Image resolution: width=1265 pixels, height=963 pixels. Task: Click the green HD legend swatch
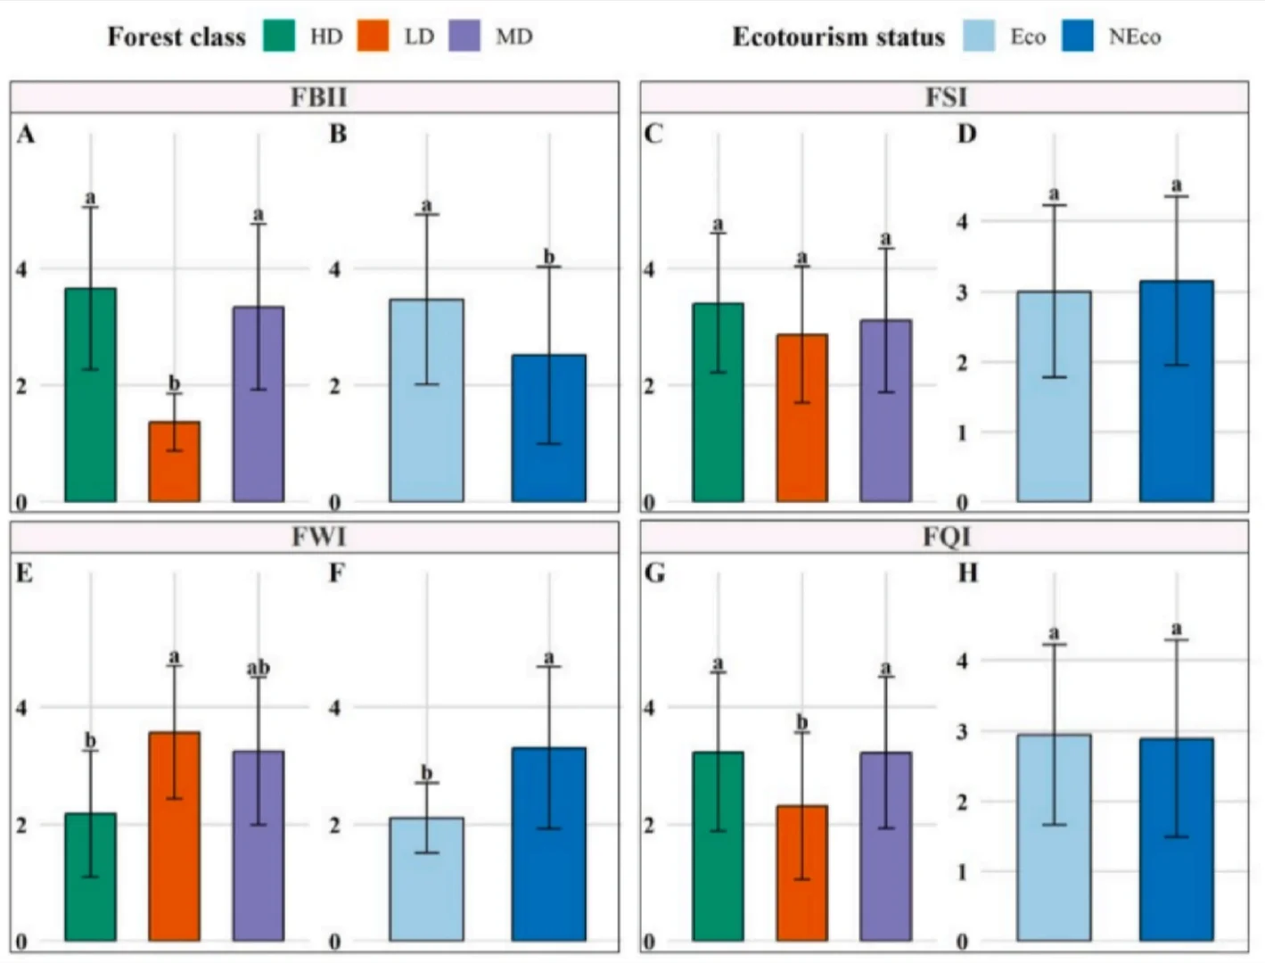tap(279, 36)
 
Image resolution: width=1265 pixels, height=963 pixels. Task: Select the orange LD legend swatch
tap(373, 36)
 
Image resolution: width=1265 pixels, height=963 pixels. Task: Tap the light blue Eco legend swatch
tap(979, 36)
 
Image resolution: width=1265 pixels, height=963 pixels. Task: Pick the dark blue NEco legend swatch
tap(1077, 36)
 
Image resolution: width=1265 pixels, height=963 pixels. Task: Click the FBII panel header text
tap(318, 96)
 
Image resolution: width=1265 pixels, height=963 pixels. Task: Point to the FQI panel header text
tap(946, 537)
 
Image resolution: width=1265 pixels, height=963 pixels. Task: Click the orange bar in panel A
tap(175, 461)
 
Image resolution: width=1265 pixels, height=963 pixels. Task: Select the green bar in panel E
tap(90, 877)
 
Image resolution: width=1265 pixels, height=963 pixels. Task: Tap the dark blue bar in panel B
tap(549, 428)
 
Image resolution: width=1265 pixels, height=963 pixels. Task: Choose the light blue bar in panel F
tap(426, 879)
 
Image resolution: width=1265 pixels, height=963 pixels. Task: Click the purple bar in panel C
tap(885, 410)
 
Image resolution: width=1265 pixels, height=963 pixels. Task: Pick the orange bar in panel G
tap(801, 873)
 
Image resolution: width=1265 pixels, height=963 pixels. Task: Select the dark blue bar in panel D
tap(1176, 391)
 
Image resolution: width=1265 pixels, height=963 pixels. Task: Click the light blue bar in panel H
tap(1054, 837)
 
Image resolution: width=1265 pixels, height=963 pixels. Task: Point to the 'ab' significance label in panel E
tap(259, 668)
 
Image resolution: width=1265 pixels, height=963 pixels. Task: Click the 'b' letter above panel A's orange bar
tap(175, 383)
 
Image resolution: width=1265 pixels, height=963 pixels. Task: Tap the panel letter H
tap(967, 572)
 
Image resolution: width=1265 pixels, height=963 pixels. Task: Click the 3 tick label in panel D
tap(962, 292)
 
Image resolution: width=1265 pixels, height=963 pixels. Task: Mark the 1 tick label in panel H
tap(962, 871)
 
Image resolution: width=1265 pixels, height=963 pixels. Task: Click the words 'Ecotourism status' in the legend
tap(838, 37)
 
